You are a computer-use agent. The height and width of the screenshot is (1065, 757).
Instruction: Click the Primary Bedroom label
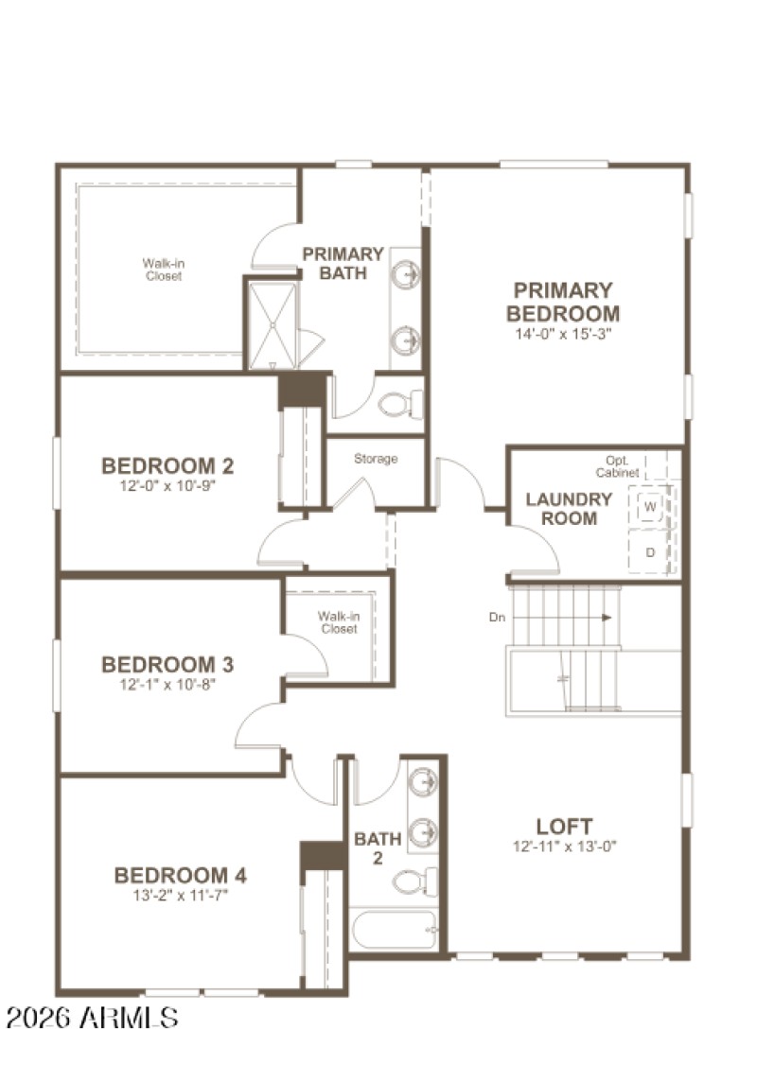[x=562, y=302]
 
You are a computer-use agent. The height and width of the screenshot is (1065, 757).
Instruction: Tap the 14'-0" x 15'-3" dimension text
[x=562, y=334]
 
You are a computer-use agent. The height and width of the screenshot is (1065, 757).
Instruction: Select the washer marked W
[x=651, y=507]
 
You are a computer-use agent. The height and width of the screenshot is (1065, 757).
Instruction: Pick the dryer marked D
[x=651, y=551]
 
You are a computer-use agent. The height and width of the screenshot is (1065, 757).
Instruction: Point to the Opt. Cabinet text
[x=619, y=466]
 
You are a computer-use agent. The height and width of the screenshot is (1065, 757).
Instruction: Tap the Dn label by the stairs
[x=497, y=618]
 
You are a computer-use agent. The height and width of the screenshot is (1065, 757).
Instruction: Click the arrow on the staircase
[x=604, y=618]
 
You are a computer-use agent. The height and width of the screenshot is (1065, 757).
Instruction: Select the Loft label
[x=564, y=826]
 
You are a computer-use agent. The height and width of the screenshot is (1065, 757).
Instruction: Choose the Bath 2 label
[x=378, y=848]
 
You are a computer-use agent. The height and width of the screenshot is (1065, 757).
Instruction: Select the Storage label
[x=376, y=459]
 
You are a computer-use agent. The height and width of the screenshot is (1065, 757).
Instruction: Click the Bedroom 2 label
[x=167, y=465]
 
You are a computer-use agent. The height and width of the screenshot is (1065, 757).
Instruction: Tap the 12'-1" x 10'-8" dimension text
[x=167, y=684]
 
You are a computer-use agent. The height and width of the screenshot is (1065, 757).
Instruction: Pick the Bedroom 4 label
[x=180, y=875]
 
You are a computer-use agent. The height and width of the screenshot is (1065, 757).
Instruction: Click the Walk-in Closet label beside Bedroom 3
[x=338, y=622]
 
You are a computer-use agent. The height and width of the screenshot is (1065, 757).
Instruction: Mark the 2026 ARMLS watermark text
[x=92, y=1018]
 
